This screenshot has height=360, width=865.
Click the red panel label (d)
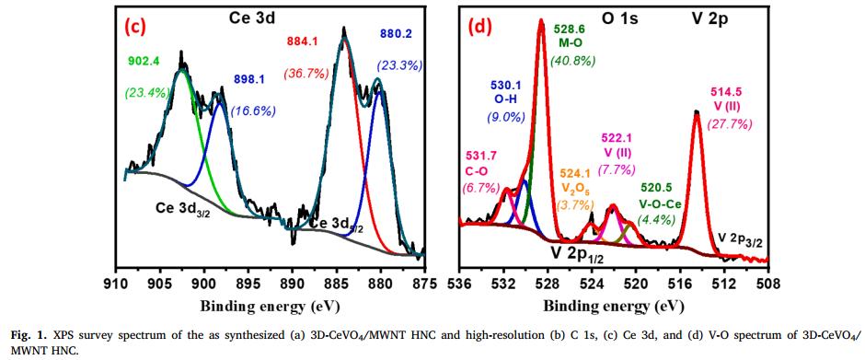point(484,26)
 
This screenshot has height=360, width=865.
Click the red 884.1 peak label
point(305,41)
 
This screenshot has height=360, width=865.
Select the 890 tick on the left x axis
point(292,281)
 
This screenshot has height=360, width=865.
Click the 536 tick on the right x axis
point(459,281)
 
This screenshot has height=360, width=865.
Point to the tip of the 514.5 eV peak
point(697,111)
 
